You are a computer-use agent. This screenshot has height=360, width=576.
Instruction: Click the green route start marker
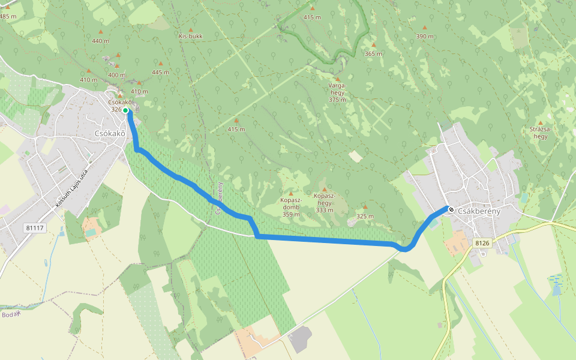point(125,110)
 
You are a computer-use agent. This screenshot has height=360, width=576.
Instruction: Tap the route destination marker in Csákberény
point(450,209)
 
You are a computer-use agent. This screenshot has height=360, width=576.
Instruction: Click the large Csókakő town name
point(110,133)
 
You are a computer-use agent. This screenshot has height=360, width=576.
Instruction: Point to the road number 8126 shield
point(482,243)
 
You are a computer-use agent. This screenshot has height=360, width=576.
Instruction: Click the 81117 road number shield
point(35,228)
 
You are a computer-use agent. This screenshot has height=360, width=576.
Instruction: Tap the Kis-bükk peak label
point(191,36)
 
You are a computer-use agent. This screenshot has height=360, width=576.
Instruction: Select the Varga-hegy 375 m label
point(337,92)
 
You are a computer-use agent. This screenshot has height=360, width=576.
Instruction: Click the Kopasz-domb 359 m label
point(290,207)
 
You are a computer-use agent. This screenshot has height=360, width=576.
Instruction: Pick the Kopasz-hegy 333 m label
point(324,203)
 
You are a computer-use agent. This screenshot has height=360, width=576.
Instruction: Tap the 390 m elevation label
point(425,37)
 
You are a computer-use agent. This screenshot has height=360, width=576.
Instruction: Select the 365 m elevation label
point(373,54)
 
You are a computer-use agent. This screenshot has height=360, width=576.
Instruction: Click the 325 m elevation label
point(365,216)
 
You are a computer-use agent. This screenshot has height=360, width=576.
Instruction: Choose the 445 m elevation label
point(161,72)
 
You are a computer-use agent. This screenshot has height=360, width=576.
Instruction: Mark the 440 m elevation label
point(101,41)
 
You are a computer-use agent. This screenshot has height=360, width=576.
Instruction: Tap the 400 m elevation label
point(116,75)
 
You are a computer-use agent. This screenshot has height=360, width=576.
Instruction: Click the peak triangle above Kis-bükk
point(191,29)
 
